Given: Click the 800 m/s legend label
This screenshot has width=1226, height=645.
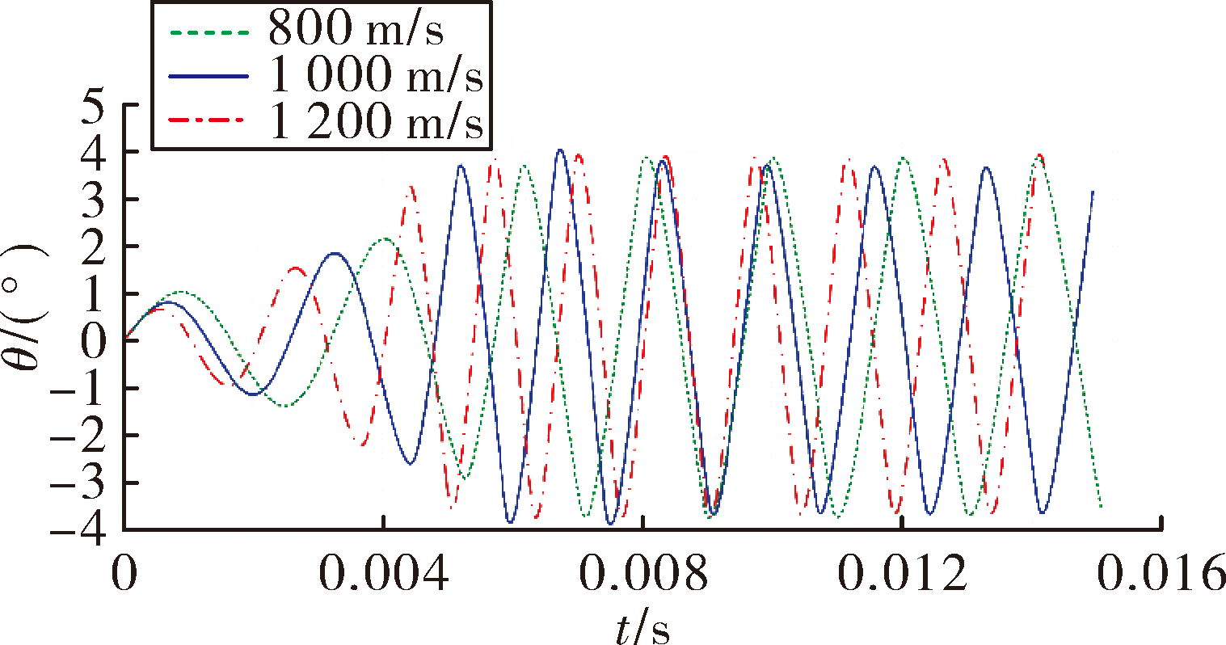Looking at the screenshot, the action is click(356, 29).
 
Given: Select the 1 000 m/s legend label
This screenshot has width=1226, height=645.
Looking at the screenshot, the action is click(377, 75).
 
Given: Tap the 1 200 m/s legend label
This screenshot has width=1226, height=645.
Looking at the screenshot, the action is click(377, 121).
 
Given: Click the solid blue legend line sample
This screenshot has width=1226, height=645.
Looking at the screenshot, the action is click(209, 77).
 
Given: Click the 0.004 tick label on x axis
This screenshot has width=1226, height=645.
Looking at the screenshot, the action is click(384, 573).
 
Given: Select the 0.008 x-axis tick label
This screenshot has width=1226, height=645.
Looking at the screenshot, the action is click(643, 573).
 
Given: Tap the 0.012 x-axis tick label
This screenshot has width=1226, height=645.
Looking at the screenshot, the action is click(902, 573).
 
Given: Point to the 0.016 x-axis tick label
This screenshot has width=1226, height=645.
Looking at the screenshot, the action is click(1161, 573).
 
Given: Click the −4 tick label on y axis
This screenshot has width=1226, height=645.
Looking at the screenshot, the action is click(78, 529).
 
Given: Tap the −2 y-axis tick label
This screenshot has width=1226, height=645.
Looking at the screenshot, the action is click(78, 436).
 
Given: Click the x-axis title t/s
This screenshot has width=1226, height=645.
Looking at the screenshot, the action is click(642, 630).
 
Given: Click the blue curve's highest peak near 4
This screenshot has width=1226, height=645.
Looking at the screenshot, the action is click(560, 150).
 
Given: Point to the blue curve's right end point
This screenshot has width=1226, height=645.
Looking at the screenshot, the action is click(1093, 192).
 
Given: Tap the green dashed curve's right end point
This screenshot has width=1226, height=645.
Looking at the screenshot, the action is click(1101, 507).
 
